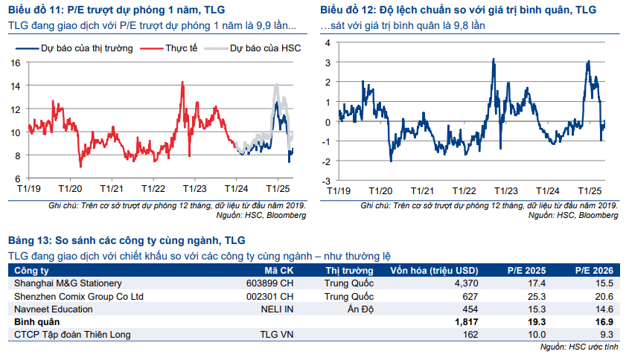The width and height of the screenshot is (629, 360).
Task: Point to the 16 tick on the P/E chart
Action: (15, 62)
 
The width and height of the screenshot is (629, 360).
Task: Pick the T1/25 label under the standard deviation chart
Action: (590, 190)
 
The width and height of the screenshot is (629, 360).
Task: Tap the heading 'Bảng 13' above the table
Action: (30, 240)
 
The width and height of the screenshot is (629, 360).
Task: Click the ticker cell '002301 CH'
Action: (270, 296)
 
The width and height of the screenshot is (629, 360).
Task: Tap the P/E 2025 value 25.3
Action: (536, 296)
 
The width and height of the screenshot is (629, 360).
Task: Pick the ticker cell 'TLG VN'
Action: (278, 335)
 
